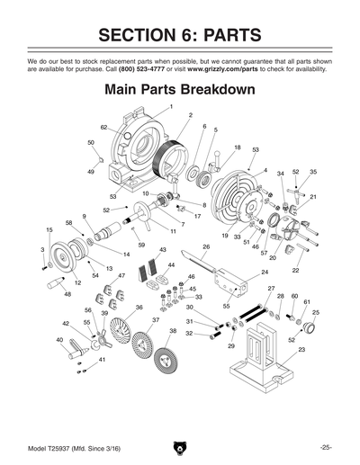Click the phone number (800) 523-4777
[x=131, y=67]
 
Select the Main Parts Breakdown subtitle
[x=180, y=91]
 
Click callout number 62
[x=103, y=128]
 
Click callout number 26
[x=206, y=246]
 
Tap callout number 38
[x=172, y=331]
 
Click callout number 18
[x=238, y=148]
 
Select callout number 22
[x=296, y=270]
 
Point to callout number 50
[x=91, y=142]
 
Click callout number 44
[x=171, y=265]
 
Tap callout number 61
[x=306, y=302]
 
